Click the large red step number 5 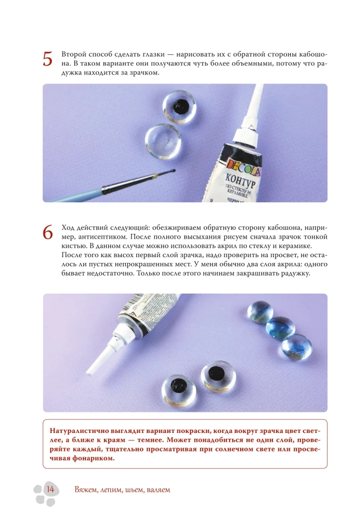[x=48, y=59]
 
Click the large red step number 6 [x=48, y=232]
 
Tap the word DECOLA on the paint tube [x=243, y=167]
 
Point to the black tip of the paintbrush [x=173, y=171]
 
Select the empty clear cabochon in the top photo [x=163, y=142]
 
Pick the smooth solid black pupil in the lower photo [x=216, y=372]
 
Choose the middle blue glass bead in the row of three [x=280, y=327]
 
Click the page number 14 [x=50, y=489]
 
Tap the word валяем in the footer [x=158, y=490]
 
